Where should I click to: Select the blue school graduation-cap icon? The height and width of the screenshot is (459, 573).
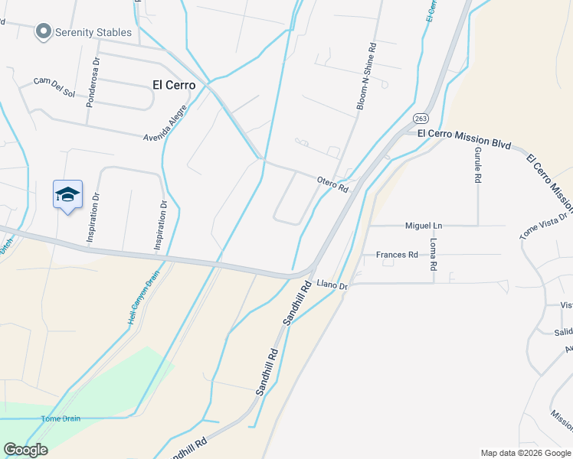pos(67,195)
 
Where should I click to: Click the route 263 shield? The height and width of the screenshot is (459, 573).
pos(421,119)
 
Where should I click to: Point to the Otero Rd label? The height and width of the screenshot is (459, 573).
pos(333,184)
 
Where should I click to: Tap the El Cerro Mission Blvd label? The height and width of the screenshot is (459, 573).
pos(463,134)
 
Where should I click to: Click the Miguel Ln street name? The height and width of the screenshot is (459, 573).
pos(423,226)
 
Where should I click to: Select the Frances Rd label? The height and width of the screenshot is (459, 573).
pos(397,255)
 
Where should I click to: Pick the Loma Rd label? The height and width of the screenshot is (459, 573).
pos(434,256)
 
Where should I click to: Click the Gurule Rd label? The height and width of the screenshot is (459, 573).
pos(477,164)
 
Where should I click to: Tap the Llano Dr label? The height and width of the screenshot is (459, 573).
pos(332,285)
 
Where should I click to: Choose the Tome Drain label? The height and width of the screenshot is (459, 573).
pos(61,418)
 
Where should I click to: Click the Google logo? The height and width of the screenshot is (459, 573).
pos(25,450)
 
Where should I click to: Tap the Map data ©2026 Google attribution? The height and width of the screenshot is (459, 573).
pos(526,453)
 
